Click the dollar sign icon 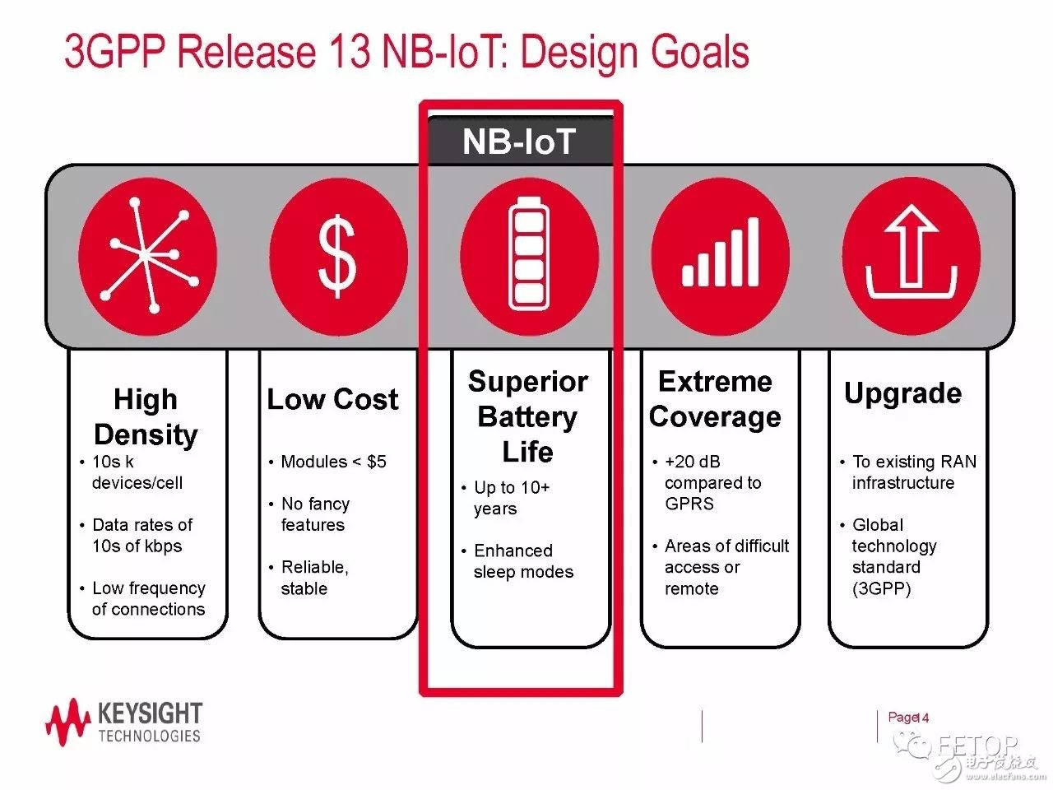click(x=337, y=256)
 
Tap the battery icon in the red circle click(x=528, y=253)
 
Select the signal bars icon click(x=720, y=251)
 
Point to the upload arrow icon click(x=911, y=252)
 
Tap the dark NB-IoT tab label click(x=520, y=141)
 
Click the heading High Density click(x=146, y=417)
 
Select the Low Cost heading click(x=332, y=399)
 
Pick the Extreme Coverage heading click(x=715, y=399)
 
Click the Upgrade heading click(x=902, y=393)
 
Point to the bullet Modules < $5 click(x=327, y=462)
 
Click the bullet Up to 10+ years click(x=506, y=497)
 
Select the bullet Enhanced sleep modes click(x=517, y=560)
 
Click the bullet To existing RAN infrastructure click(x=908, y=472)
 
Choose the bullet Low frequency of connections click(x=143, y=598)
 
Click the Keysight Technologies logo click(x=124, y=722)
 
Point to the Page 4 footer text click(x=908, y=718)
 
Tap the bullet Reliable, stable click(x=309, y=578)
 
